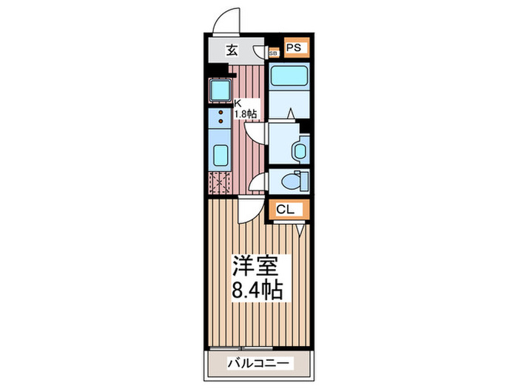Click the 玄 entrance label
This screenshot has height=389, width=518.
[x=232, y=50]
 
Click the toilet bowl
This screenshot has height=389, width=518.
[x=299, y=180]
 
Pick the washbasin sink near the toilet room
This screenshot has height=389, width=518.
[x=300, y=150]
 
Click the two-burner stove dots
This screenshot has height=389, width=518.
[x=221, y=116]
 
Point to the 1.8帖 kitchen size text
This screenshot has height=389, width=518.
[x=246, y=114]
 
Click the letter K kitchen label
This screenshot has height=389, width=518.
[x=238, y=104]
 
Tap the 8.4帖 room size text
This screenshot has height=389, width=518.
[x=257, y=290]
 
